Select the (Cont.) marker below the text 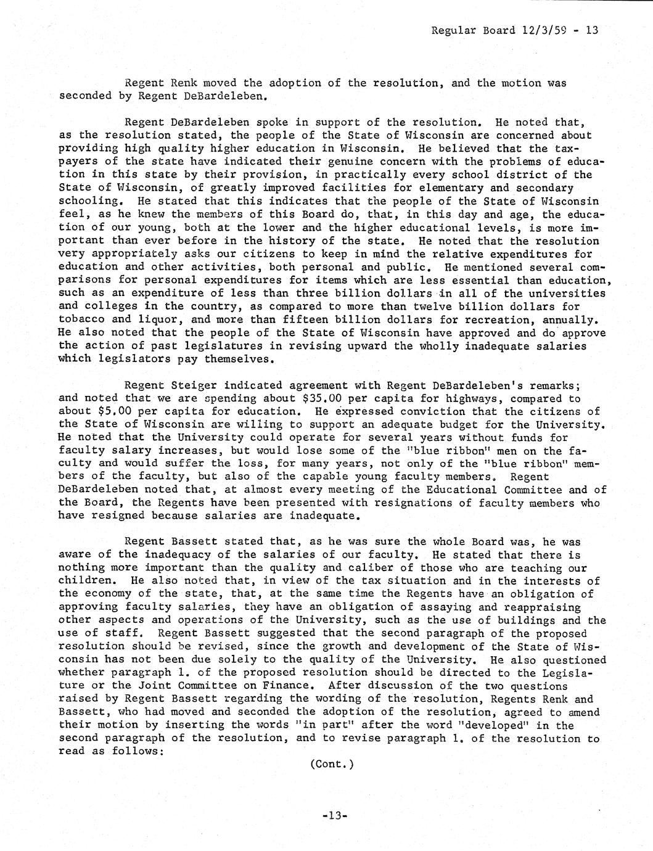point(332,764)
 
